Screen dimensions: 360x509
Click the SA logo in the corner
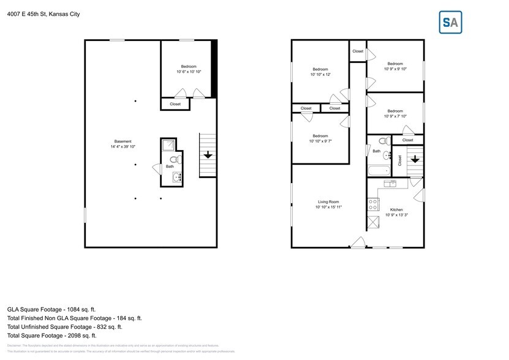pyautogui.click(x=450, y=23)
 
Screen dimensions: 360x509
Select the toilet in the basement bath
pyautogui.click(x=173, y=162)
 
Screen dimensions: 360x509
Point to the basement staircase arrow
pyautogui.click(x=208, y=155)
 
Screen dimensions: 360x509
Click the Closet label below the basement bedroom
pyautogui.click(x=175, y=104)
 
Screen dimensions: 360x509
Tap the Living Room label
pyautogui.click(x=328, y=204)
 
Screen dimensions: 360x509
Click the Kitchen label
pyautogui.click(x=395, y=212)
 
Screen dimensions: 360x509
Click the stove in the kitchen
pyautogui.click(x=372, y=204)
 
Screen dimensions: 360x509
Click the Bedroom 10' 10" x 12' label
pyautogui.click(x=320, y=72)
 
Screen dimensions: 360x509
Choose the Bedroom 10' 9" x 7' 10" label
pyautogui.click(x=394, y=114)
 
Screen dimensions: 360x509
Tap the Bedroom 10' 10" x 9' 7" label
pyautogui.click(x=320, y=138)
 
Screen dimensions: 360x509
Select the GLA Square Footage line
pyautogui.click(x=51, y=309)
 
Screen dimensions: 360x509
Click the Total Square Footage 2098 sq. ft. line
pyautogui.click(x=52, y=335)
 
